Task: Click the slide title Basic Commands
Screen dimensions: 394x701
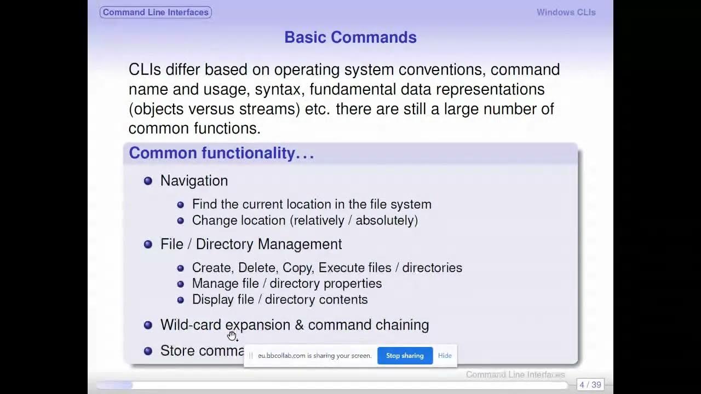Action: click(x=350, y=37)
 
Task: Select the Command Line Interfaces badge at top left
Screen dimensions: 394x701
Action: click(x=156, y=12)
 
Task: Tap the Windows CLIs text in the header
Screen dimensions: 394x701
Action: click(x=566, y=12)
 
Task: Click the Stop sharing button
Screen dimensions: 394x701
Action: click(x=405, y=356)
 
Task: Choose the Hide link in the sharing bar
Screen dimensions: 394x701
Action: click(x=445, y=356)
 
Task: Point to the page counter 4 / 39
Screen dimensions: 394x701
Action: click(x=590, y=385)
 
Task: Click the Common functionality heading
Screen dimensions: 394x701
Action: click(x=221, y=153)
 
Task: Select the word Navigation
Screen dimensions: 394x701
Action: click(x=194, y=181)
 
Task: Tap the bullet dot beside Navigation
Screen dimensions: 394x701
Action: click(x=148, y=181)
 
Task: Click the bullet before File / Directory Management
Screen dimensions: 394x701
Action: click(x=148, y=244)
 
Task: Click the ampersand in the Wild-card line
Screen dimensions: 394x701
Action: click(x=299, y=325)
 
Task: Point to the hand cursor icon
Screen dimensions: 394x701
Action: click(x=232, y=335)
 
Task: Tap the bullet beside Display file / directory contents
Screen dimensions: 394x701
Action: click(x=181, y=300)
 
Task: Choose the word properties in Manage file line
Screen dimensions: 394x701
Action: click(x=355, y=283)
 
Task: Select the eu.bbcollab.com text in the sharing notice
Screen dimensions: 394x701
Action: click(x=281, y=356)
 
